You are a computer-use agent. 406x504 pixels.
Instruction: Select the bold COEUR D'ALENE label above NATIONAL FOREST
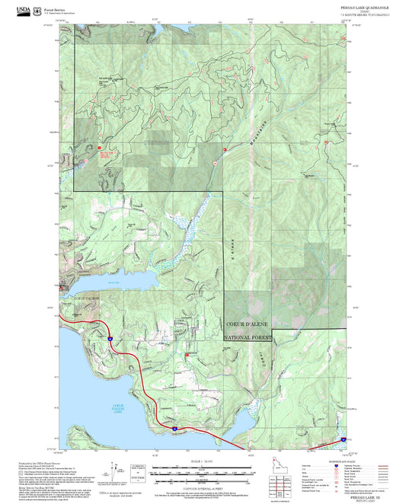251,324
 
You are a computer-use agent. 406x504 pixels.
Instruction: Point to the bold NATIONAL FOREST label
248,336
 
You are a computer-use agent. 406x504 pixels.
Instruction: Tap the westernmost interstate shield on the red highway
109,336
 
